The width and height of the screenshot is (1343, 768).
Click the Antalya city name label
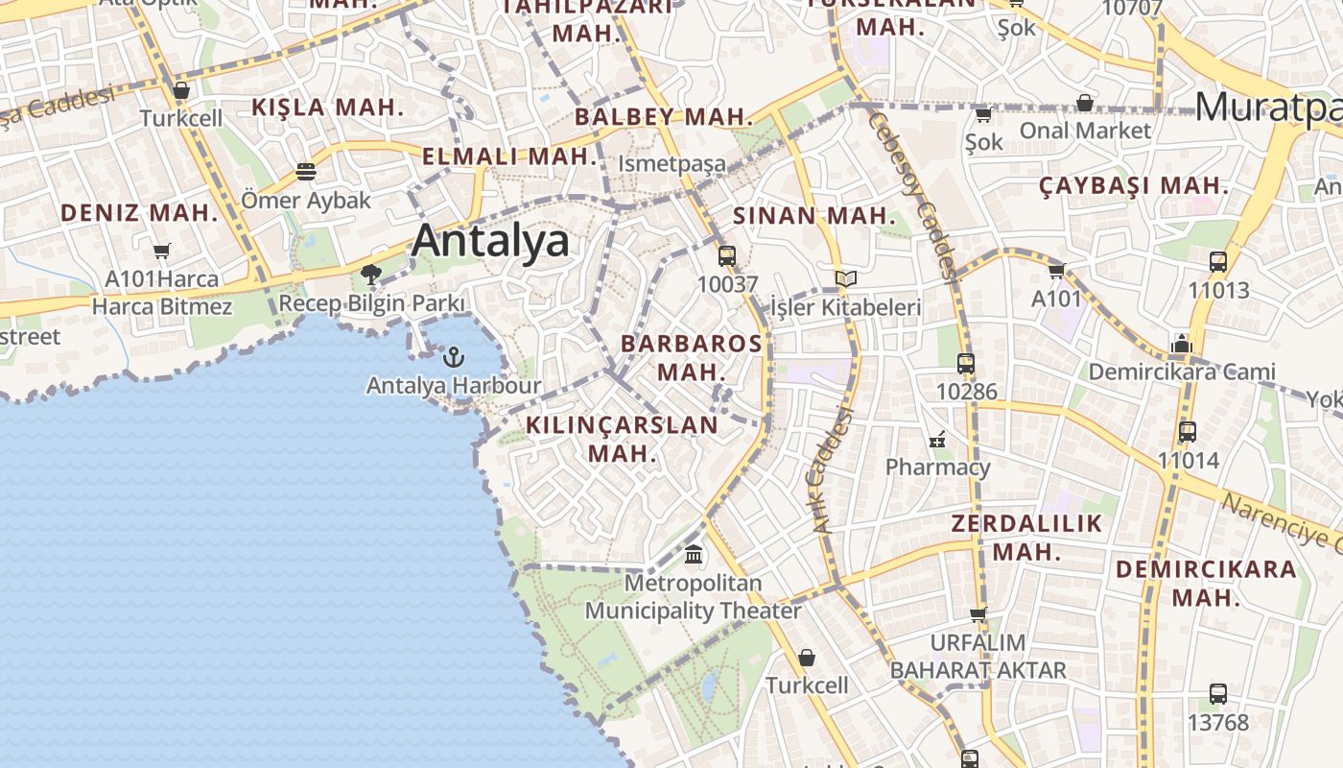(490, 240)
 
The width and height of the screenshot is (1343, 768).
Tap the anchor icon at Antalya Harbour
(453, 358)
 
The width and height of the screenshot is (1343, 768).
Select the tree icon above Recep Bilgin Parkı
(371, 275)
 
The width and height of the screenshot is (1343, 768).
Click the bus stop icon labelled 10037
(727, 256)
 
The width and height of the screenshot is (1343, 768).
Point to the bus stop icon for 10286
(966, 364)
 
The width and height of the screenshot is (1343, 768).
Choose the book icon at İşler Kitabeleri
(845, 279)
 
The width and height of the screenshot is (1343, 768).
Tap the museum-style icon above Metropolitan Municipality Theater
(694, 555)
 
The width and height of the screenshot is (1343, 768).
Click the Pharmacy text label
(937, 468)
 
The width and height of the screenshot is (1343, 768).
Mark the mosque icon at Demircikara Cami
(1181, 344)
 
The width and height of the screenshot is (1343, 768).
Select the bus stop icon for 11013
(1218, 261)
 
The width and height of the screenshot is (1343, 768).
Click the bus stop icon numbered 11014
(1188, 432)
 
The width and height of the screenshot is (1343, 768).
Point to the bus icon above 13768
(1218, 693)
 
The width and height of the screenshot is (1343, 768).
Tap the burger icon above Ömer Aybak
(306, 172)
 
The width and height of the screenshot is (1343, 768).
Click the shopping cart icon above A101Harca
(161, 252)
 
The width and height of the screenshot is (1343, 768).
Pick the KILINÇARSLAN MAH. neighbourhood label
(622, 439)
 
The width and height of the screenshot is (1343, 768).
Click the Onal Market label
(1085, 130)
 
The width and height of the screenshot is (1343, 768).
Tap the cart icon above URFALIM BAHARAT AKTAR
(978, 614)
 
